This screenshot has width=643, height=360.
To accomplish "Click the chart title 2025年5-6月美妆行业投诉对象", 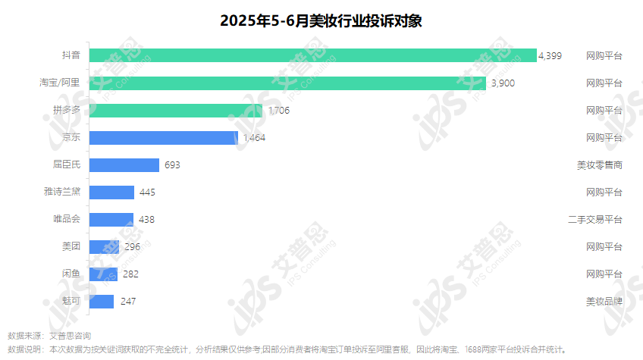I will (321, 20).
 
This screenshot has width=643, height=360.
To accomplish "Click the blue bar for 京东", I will (164, 138).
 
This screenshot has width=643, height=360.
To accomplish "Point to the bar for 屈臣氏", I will (124, 165).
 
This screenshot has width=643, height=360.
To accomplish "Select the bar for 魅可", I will (102, 302).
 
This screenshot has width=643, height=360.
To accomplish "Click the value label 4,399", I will (550, 56).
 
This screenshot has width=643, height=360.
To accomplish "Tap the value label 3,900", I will (503, 83).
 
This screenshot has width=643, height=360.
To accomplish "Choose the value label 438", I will (147, 220).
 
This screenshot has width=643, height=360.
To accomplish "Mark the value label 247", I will (128, 302).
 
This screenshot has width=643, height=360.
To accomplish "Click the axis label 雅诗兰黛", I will (62, 193).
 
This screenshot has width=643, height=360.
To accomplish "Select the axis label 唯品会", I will (67, 220).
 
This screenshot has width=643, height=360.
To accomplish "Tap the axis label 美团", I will (71, 247).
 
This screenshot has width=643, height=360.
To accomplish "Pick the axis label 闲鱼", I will (71, 274).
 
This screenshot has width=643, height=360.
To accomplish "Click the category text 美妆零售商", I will (599, 165).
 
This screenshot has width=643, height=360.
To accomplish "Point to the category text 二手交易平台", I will (594, 220).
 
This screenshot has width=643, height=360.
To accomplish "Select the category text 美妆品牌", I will (604, 302).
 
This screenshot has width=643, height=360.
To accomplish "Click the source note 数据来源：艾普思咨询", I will (49, 335).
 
